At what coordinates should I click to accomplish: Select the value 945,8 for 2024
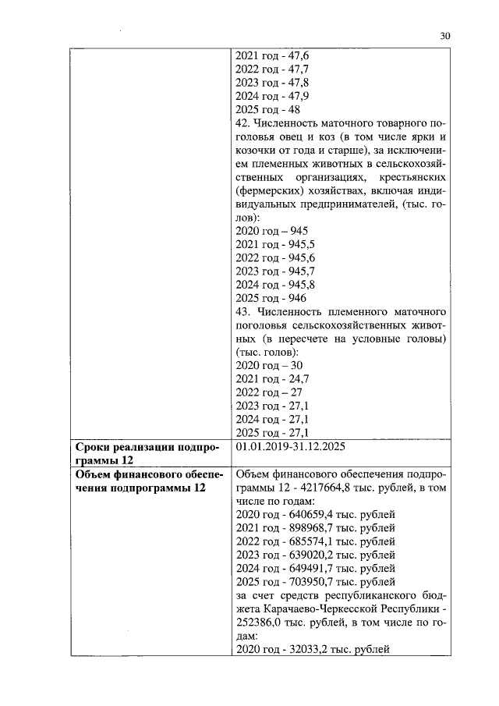(x=303, y=285)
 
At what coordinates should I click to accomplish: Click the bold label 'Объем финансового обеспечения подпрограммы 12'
(x=140, y=481)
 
